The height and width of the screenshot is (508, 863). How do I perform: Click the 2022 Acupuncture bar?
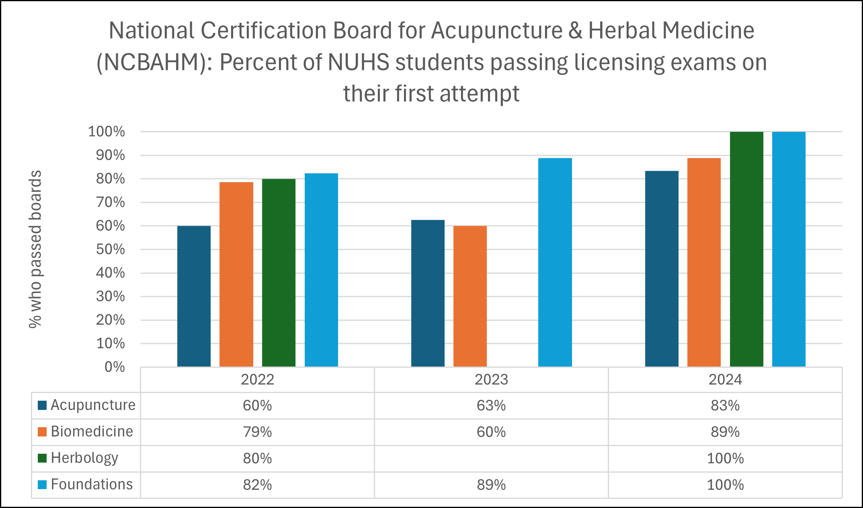194,296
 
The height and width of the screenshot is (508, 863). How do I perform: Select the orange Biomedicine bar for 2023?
470,296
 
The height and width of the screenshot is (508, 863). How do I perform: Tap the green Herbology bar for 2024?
746,249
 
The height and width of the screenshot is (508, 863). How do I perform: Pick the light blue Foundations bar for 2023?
555,262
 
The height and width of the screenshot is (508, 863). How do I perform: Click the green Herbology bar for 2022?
279,272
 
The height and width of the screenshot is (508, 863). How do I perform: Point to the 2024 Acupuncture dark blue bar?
662,268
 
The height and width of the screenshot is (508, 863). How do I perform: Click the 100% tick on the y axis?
107,131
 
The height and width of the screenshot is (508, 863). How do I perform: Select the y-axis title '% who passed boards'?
35,249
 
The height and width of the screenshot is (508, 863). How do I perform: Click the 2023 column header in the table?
491,380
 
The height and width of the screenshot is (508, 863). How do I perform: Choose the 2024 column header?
725,380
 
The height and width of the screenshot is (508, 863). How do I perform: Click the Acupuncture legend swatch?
42,405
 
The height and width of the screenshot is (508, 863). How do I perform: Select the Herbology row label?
84,458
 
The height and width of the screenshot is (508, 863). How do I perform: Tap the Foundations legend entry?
92,485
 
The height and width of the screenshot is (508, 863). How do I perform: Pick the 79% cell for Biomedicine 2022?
257,432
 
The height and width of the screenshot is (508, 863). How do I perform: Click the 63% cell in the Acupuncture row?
491,406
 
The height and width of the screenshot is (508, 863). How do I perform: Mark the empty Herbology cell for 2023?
491,459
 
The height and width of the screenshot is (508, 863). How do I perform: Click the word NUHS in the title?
359,63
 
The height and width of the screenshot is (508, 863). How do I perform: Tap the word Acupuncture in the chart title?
497,31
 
